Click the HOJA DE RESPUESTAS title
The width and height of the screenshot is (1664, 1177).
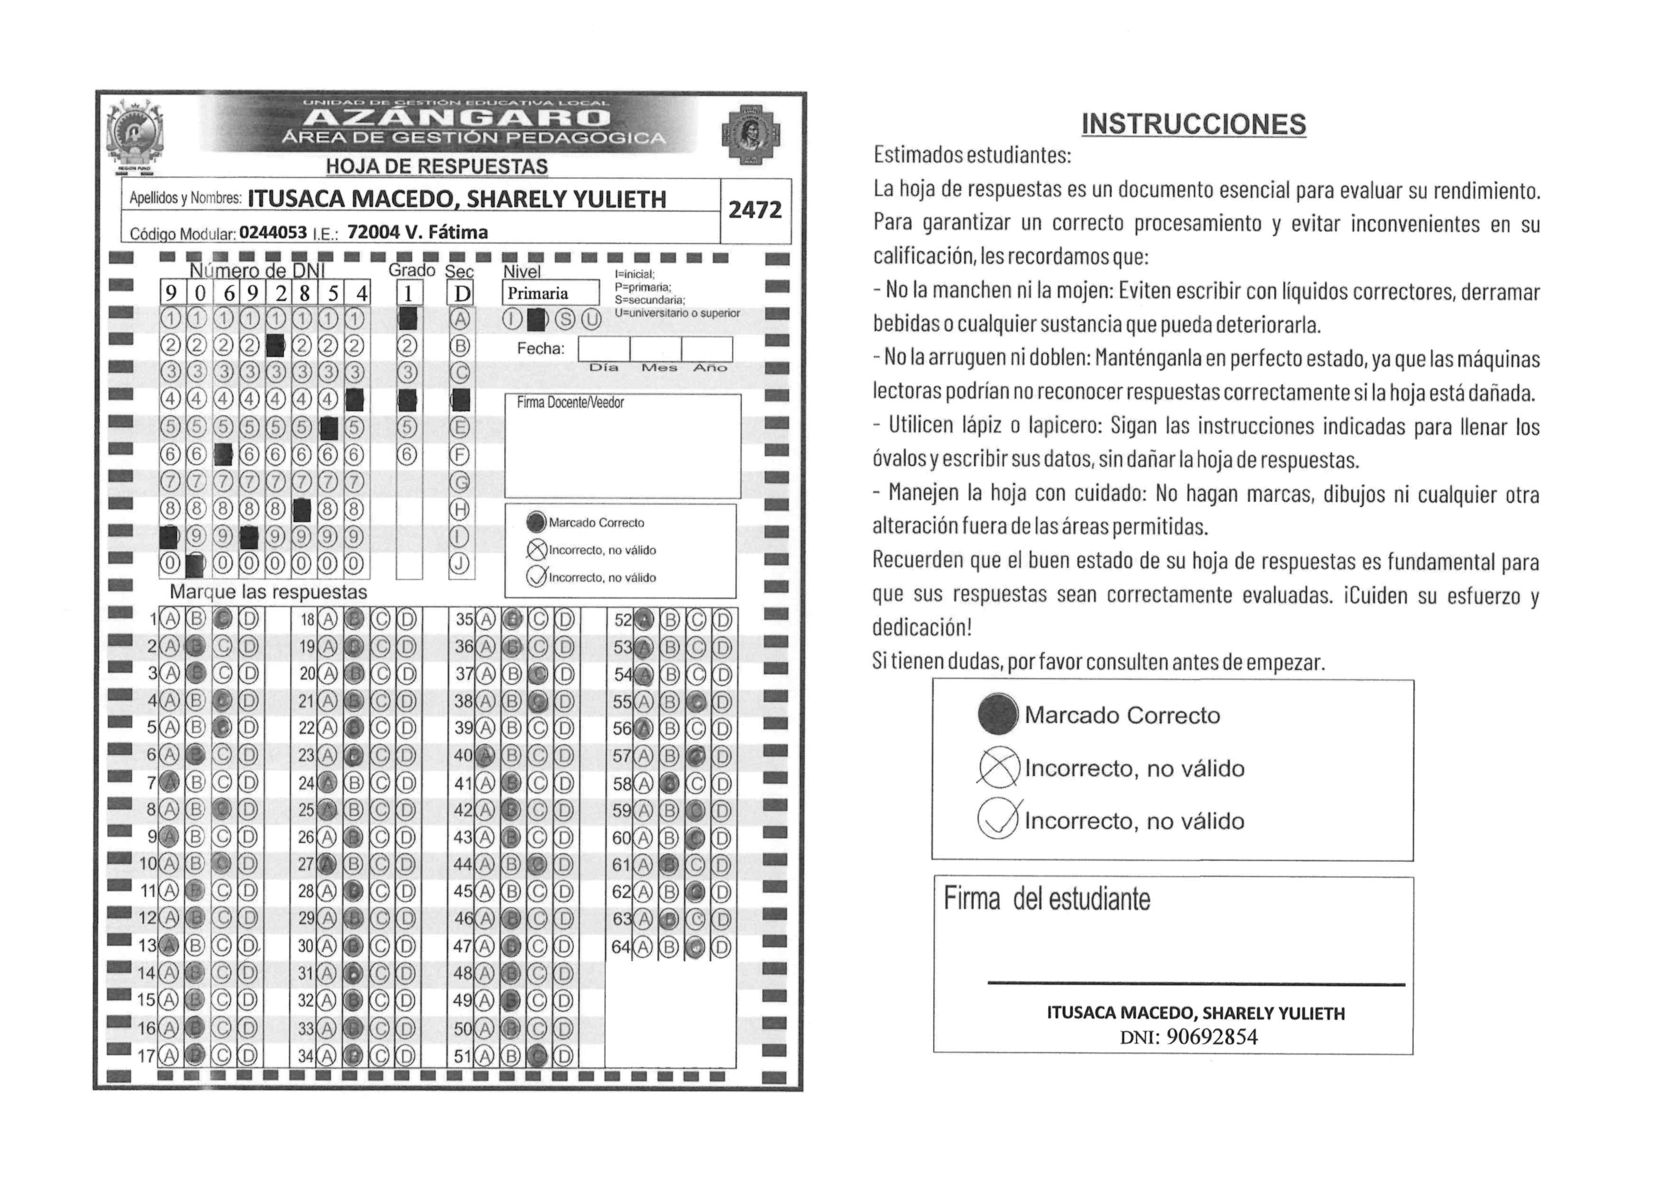pyautogui.click(x=437, y=167)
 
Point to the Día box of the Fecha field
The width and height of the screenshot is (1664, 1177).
pyautogui.click(x=603, y=349)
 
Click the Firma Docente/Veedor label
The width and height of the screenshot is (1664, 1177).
pyautogui.click(x=570, y=403)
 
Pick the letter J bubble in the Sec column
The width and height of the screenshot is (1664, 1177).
pyautogui.click(x=459, y=564)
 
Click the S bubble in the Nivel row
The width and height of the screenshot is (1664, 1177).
pyautogui.click(x=565, y=319)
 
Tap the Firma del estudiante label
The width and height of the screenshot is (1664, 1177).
pyautogui.click(x=1047, y=899)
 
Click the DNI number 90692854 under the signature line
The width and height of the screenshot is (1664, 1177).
pyautogui.click(x=1212, y=1037)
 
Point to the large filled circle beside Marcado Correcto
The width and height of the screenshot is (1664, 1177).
pyautogui.click(x=997, y=715)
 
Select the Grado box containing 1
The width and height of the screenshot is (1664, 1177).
pyautogui.click(x=409, y=293)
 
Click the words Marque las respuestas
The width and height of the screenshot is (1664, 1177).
pyautogui.click(x=268, y=592)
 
